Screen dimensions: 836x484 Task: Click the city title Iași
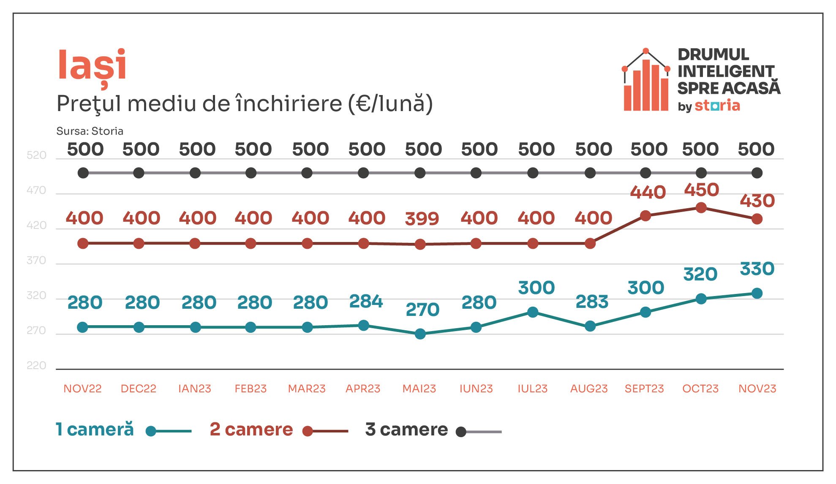tap(92, 68)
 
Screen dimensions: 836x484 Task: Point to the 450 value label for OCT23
tap(701, 190)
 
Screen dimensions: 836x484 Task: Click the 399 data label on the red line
tap(422, 219)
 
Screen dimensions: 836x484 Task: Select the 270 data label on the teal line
tap(422, 310)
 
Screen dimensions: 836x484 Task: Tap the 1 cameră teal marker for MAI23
tap(420, 334)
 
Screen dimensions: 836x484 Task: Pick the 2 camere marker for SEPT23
tap(645, 216)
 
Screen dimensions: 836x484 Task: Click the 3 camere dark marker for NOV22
tap(83, 173)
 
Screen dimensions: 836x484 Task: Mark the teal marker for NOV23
tap(757, 293)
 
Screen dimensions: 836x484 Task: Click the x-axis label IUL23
tap(532, 389)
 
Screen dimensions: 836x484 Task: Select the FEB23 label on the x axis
tap(251, 389)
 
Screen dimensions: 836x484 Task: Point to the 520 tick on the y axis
tap(36, 155)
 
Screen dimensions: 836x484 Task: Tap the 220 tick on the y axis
tap(36, 365)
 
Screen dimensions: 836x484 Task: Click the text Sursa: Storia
tap(90, 131)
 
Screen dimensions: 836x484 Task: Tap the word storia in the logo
tap(717, 105)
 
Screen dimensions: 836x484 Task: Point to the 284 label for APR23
tap(366, 302)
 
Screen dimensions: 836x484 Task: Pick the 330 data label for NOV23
tap(757, 269)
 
